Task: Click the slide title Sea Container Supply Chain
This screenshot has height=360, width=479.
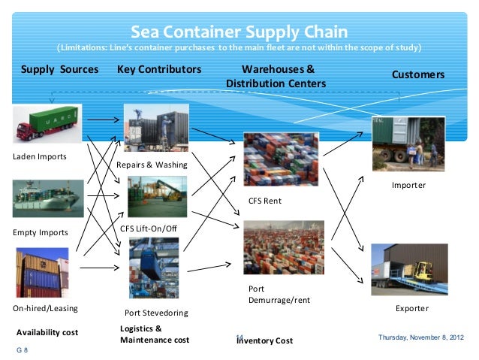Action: [239, 32]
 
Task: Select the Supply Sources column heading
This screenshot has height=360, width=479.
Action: [59, 70]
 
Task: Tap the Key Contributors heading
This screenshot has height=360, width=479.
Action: [160, 70]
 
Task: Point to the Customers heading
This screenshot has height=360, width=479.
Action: [418, 75]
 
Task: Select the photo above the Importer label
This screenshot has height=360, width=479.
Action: [408, 144]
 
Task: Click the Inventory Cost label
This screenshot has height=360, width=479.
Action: [265, 341]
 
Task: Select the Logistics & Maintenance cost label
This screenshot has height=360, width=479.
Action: [155, 334]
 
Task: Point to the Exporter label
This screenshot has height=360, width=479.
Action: [411, 308]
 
